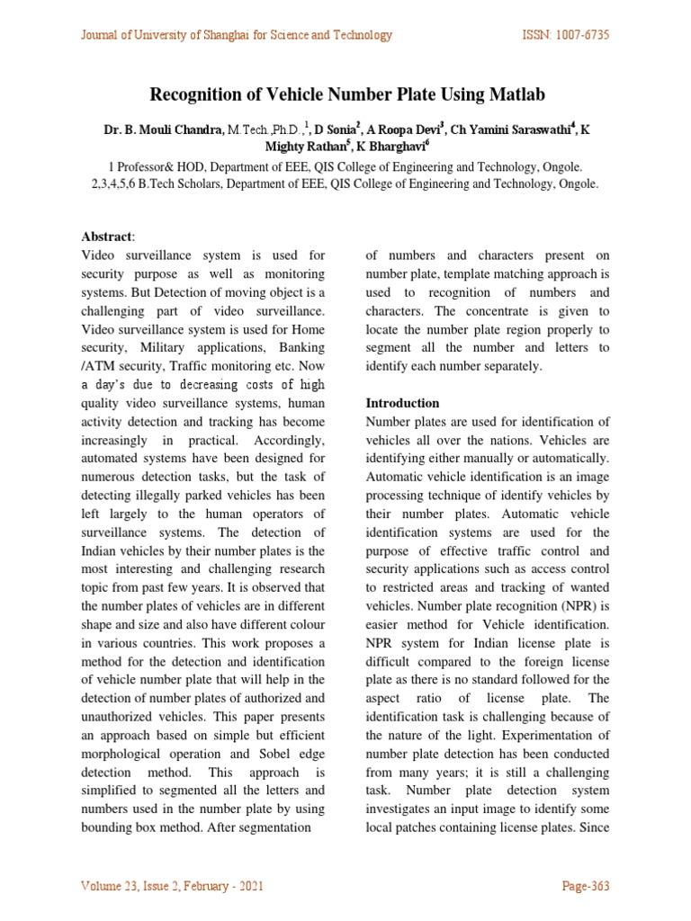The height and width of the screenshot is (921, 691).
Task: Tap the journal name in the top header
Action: [237, 35]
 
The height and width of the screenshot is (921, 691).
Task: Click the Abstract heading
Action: [106, 237]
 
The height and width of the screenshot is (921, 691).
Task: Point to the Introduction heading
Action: [402, 403]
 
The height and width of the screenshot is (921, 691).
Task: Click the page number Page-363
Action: [586, 886]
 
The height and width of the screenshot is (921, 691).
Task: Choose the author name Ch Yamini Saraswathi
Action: [513, 130]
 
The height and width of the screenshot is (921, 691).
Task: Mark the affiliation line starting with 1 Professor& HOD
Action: [345, 166]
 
